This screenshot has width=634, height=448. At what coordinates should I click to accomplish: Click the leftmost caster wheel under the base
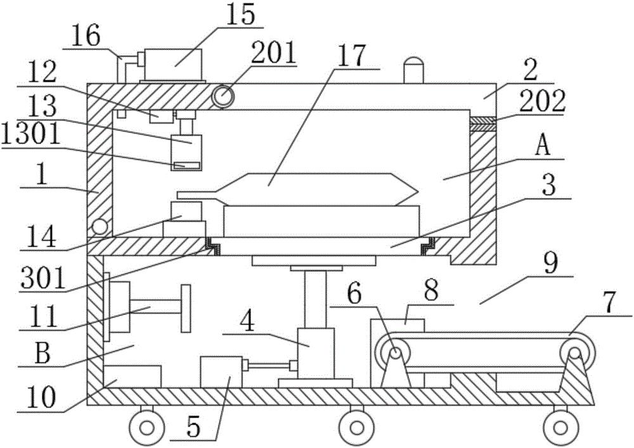point(147,426)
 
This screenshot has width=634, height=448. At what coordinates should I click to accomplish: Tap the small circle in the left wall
point(100,227)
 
